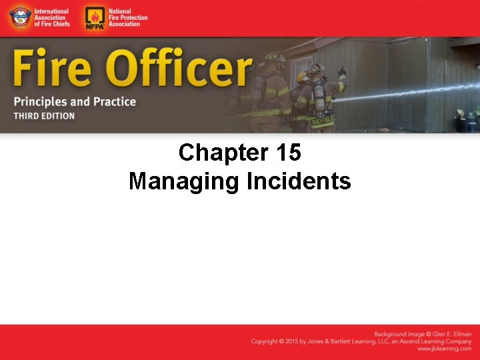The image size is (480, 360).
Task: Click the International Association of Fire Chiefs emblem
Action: pyautogui.click(x=19, y=18)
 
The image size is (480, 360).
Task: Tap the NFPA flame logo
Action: pyautogui.click(x=94, y=18)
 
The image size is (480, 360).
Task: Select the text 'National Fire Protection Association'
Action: pyautogui.click(x=127, y=18)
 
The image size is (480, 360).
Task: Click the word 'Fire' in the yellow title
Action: pyautogui.click(x=49, y=70)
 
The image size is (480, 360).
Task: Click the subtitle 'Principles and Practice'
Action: pyautogui.click(x=74, y=102)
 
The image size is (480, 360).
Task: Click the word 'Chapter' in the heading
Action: pyautogui.click(x=222, y=153)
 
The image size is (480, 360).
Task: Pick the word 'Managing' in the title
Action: pyautogui.click(x=183, y=181)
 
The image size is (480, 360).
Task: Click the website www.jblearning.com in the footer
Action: pyautogui.click(x=445, y=349)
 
